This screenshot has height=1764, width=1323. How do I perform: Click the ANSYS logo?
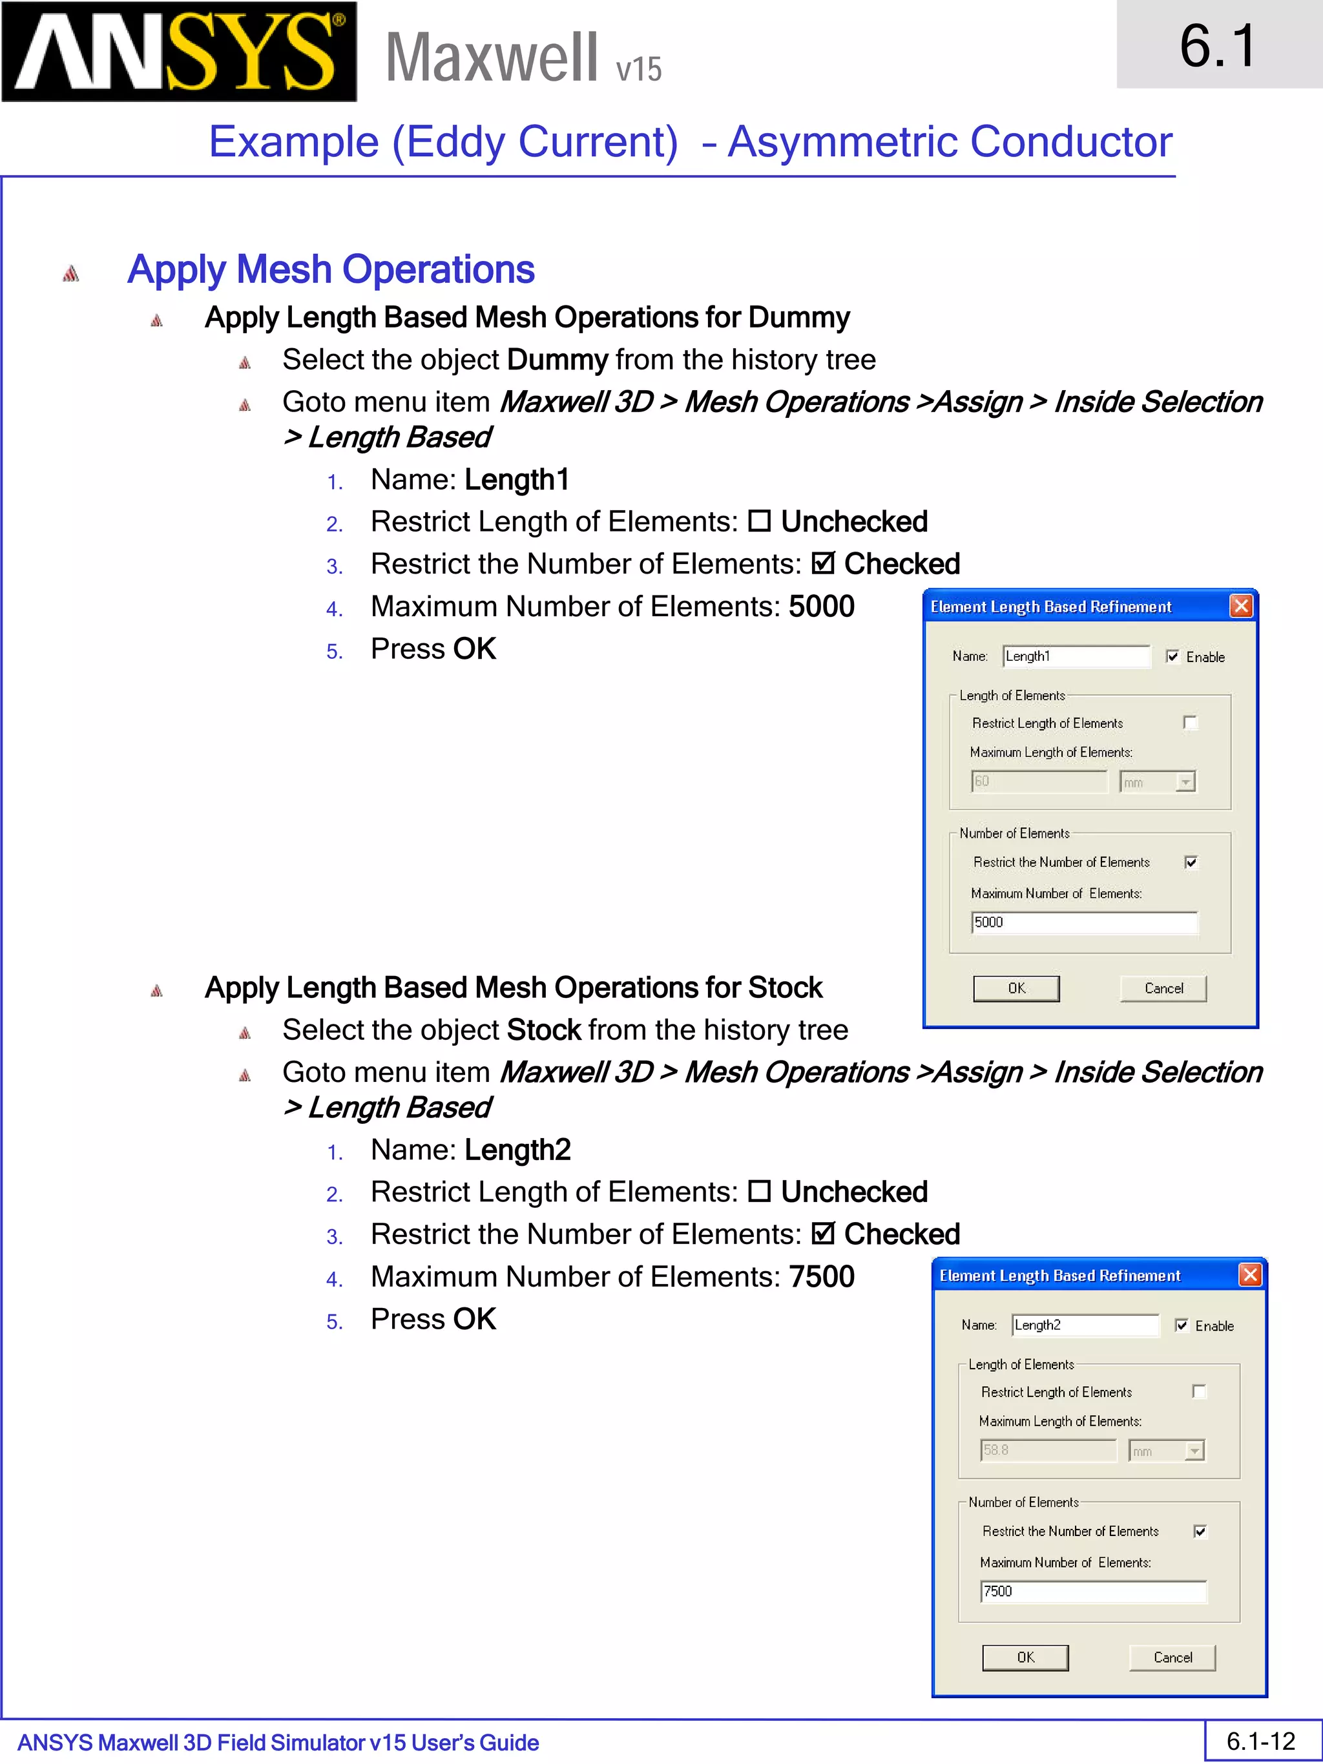179,51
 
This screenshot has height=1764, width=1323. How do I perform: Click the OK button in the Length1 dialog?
1016,988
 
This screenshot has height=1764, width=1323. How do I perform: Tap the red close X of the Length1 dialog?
1241,606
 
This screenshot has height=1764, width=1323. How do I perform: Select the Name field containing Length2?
1084,1325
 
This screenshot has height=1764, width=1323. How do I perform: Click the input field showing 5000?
1084,922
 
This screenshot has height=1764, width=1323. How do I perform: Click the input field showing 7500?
1092,1592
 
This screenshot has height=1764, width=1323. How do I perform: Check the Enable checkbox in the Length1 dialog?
1172,656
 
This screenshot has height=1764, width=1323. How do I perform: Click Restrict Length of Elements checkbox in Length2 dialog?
1198,1391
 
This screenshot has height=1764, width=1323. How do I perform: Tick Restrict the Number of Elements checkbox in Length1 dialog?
1191,862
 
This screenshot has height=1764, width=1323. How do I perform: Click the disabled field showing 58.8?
1047,1450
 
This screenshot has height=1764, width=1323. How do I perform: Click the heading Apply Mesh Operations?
331,269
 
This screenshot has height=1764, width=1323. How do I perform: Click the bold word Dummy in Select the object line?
557,360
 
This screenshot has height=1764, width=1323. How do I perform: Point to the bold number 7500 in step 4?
822,1277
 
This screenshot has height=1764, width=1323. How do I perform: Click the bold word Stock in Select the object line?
544,1030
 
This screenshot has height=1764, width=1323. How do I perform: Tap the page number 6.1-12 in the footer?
1261,1741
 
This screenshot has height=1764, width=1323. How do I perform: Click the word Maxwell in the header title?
491,57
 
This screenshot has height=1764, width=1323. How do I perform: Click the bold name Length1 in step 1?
517,480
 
